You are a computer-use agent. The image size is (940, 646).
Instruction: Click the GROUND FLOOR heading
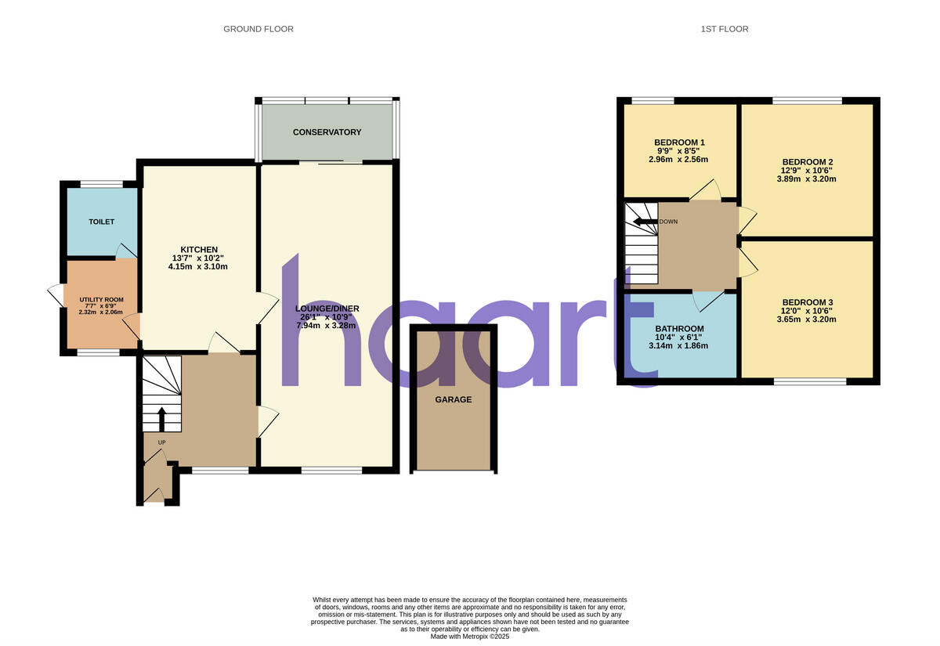(258, 29)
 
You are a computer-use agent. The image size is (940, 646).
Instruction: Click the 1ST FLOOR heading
(724, 29)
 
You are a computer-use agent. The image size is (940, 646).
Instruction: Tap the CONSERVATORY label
(327, 132)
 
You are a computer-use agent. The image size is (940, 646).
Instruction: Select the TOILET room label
(101, 222)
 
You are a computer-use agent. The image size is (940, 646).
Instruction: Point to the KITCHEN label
(199, 250)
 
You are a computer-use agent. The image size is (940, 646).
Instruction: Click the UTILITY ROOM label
(101, 300)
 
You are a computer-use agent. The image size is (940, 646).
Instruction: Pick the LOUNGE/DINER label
(327, 308)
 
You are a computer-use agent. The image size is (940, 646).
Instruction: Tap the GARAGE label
(454, 399)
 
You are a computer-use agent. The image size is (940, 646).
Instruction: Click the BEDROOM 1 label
(679, 143)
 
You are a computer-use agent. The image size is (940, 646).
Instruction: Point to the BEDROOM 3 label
(807, 302)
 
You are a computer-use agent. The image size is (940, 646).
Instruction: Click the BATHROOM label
(679, 329)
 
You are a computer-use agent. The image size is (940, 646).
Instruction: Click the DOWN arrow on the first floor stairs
(644, 222)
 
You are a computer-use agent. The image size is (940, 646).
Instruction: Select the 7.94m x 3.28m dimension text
(327, 326)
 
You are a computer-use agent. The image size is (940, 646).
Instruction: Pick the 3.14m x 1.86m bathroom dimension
(679, 347)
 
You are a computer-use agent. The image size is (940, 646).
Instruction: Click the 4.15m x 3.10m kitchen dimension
(199, 266)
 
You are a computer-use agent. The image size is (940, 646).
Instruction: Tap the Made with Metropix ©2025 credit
(470, 637)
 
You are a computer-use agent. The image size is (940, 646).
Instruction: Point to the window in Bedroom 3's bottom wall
(810, 381)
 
